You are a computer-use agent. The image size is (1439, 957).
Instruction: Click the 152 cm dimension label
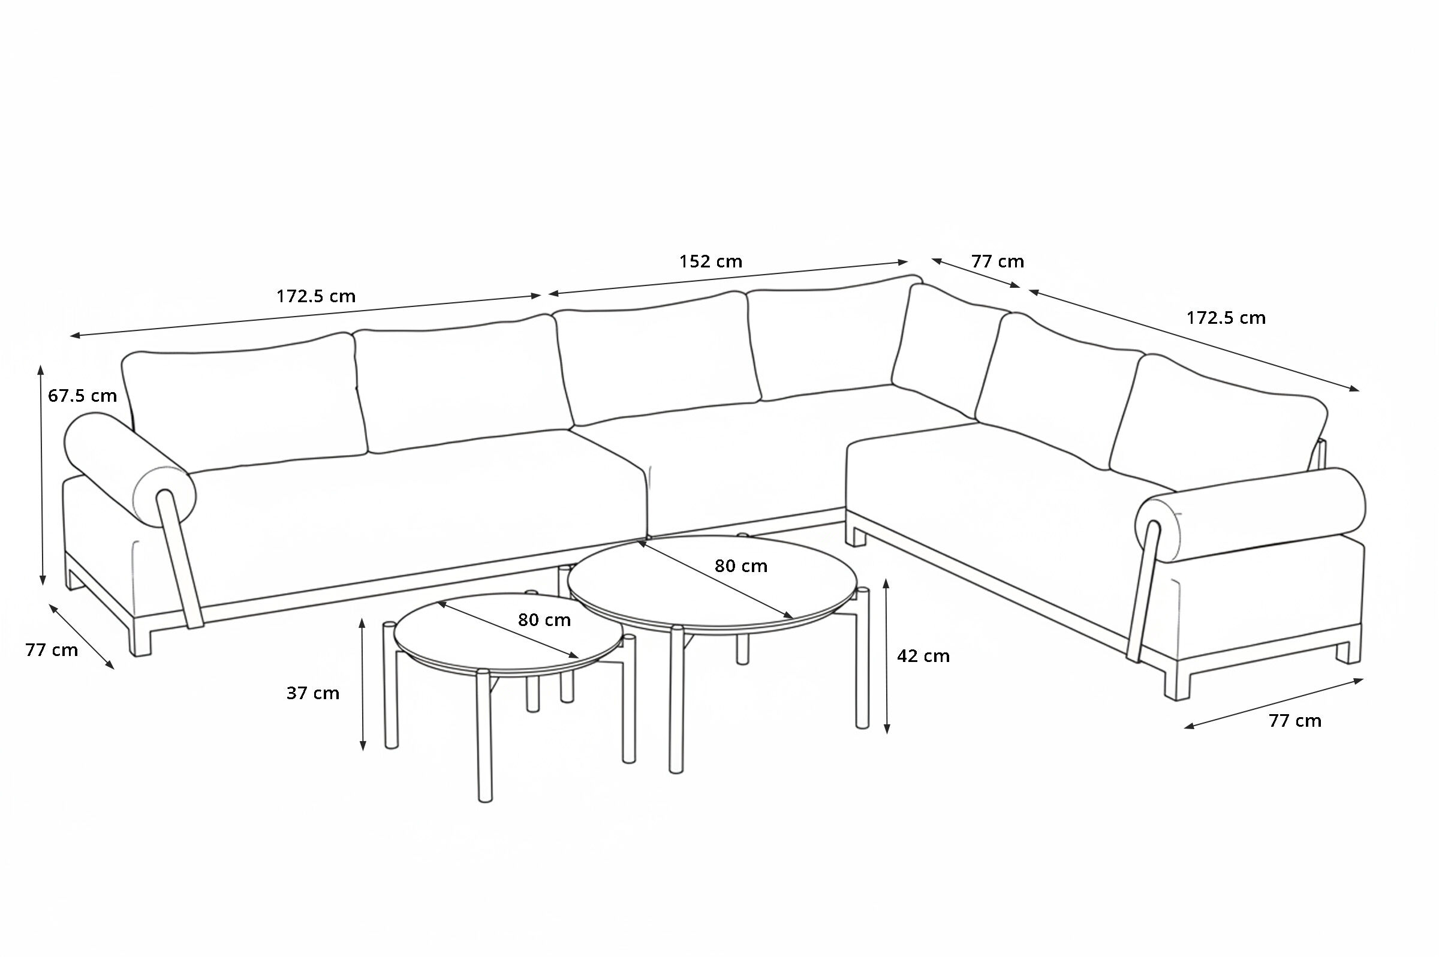711,261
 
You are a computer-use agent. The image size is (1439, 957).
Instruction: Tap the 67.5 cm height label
82,396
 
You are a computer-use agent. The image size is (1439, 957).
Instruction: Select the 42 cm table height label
923,656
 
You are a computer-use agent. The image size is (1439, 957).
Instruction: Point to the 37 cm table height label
313,693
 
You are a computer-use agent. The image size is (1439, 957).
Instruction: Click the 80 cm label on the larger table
741,567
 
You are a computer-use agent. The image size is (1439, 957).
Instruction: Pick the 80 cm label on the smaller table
544,620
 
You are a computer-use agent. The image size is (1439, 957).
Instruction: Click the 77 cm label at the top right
998,261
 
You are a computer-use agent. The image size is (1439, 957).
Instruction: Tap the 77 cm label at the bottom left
52,650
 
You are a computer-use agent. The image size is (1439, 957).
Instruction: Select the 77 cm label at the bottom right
1295,721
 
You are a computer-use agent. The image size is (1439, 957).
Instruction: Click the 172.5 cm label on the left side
316,297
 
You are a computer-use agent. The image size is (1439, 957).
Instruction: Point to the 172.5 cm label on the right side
1226,318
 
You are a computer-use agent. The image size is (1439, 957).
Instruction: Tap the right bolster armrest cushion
1251,516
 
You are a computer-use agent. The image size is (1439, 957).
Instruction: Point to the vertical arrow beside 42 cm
887,656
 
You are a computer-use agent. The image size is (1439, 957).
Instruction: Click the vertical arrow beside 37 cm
363,684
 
